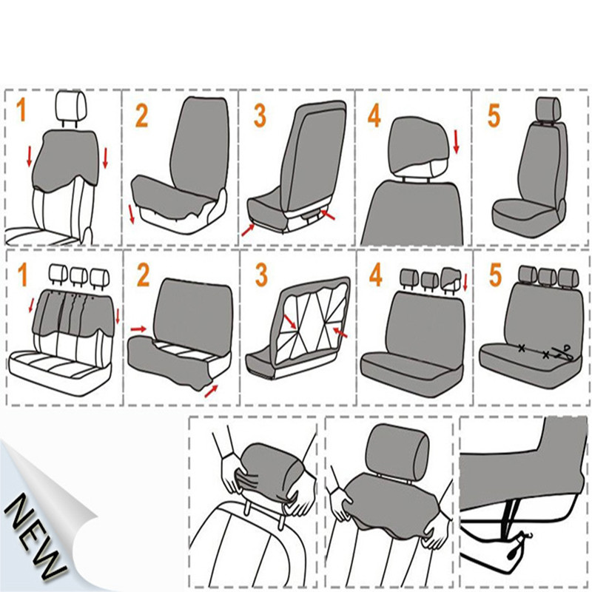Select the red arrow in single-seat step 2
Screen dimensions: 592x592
132,214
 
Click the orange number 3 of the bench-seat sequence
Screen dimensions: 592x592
261,274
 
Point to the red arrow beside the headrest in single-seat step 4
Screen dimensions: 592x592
457,141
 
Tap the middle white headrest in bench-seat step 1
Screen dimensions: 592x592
76,276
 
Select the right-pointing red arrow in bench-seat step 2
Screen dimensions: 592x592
138,326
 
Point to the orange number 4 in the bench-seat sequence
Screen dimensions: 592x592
375,275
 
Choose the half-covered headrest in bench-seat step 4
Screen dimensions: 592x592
451,279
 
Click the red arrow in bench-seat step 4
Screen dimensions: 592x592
465,283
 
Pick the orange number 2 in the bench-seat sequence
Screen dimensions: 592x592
143,274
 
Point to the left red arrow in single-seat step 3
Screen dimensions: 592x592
247,230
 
